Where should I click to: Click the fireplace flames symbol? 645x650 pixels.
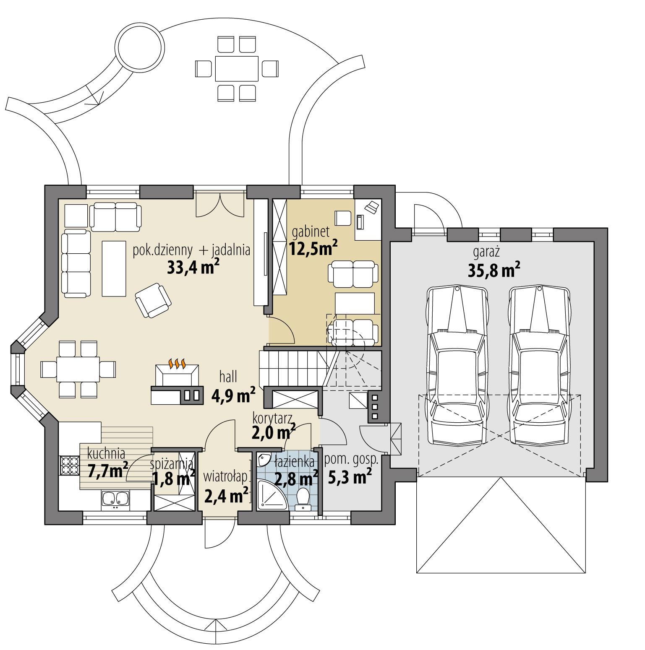(177, 364)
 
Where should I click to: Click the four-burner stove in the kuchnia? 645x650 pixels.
(70, 465)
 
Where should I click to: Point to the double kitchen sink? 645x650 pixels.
(115, 499)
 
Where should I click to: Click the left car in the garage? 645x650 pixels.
(457, 365)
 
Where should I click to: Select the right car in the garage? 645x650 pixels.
(540, 365)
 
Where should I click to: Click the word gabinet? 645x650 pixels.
(311, 231)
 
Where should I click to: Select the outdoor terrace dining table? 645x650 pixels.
(237, 68)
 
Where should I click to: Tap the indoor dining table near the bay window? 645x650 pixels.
(79, 369)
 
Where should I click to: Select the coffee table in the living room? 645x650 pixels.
(114, 268)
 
